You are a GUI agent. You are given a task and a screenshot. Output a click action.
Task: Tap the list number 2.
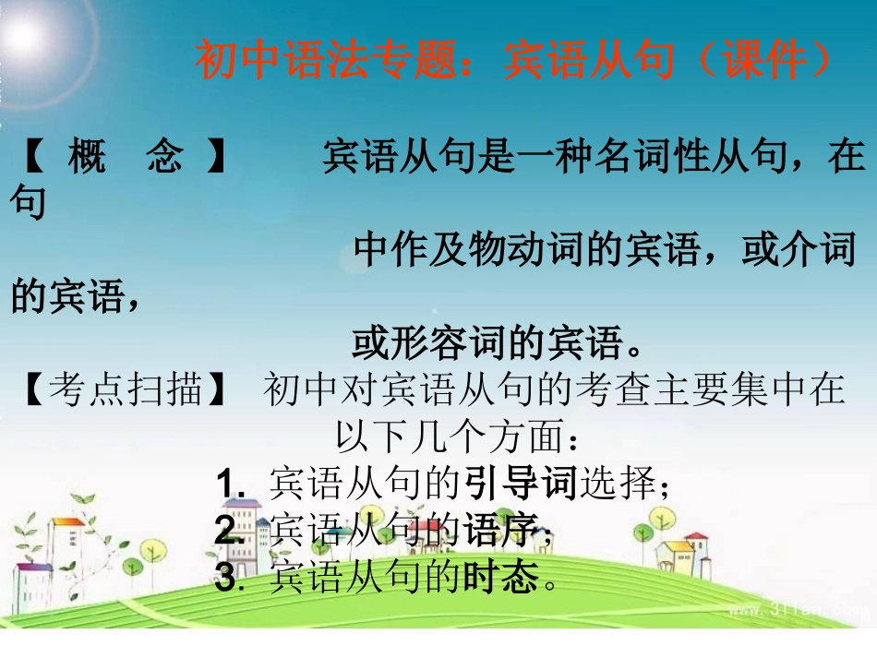[x=226, y=532]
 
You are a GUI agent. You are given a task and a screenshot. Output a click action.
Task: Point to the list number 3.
[x=226, y=580]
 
